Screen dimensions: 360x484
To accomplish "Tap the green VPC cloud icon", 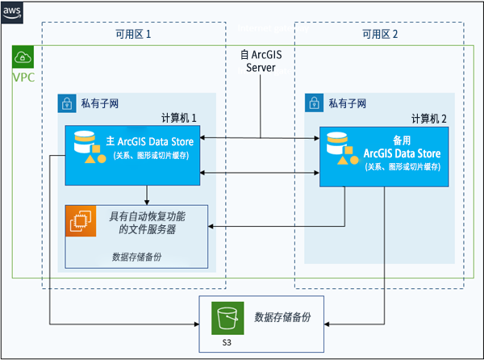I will (x=23, y=57).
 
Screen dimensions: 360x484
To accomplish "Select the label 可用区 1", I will (x=128, y=35).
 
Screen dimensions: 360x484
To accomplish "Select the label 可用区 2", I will (x=379, y=35).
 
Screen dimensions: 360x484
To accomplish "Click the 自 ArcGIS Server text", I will (x=260, y=61).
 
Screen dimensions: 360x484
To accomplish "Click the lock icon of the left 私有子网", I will (x=67, y=103).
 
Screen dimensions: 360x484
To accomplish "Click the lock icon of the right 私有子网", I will (x=315, y=103).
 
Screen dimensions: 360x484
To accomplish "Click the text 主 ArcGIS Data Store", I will (x=152, y=142).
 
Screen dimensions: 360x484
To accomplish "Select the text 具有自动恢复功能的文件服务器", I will (x=147, y=222).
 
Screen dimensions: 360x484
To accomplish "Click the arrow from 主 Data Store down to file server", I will (x=147, y=195).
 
